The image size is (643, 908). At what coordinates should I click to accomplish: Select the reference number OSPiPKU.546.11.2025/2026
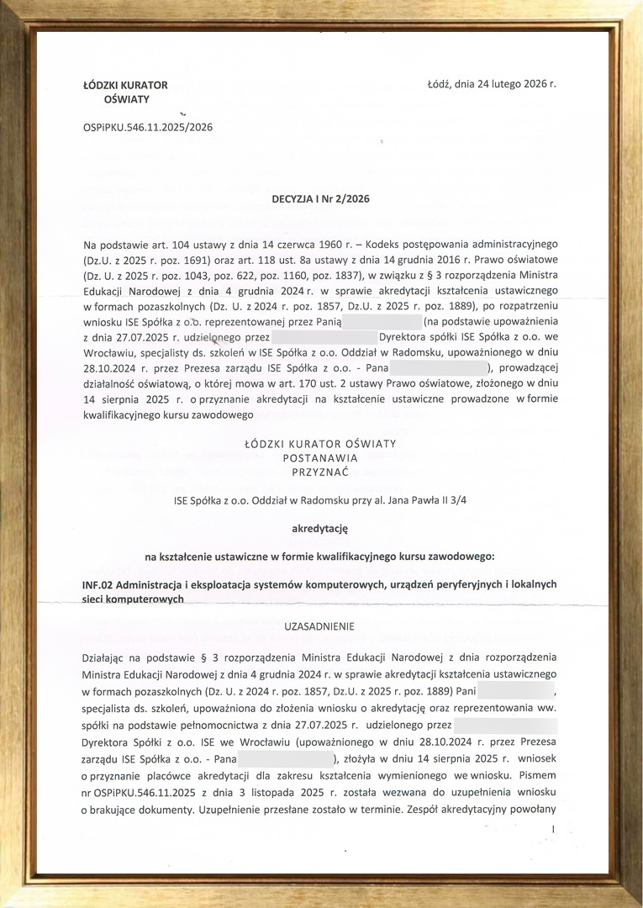[x=148, y=127]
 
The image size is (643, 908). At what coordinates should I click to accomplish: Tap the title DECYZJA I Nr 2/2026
[x=320, y=199]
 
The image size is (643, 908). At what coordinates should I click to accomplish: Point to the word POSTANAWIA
[x=320, y=458]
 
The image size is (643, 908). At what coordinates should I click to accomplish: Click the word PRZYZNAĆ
[x=320, y=473]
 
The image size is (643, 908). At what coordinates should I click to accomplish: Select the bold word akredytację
[x=319, y=529]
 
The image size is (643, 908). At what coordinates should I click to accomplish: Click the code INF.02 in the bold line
[x=99, y=584]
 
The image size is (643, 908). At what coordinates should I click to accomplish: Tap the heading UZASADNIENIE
[x=319, y=626]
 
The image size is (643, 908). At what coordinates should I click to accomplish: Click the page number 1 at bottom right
[x=553, y=830]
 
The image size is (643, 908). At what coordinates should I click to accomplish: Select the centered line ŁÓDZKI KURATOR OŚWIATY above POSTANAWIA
[x=320, y=443]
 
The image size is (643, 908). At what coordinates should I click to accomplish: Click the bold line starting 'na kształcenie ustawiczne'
[x=320, y=557]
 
